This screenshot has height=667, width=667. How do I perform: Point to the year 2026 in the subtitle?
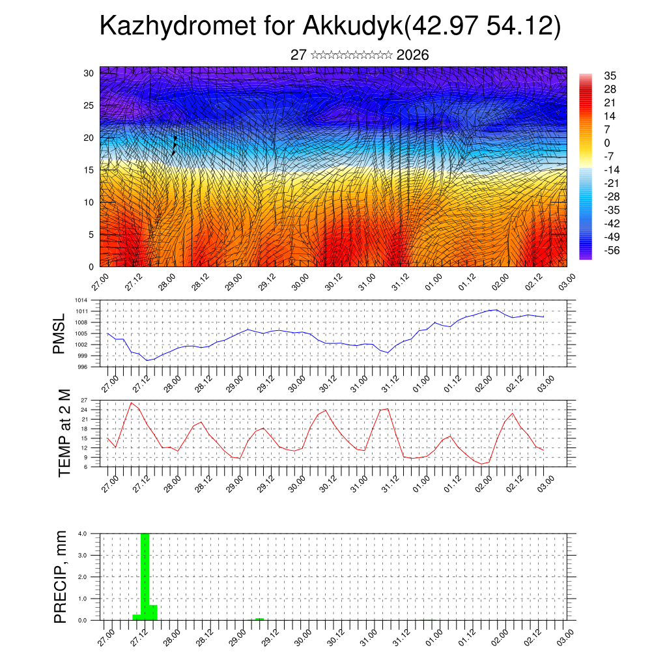pyautogui.click(x=412, y=55)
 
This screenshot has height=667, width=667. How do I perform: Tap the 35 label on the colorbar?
pyautogui.click(x=610, y=76)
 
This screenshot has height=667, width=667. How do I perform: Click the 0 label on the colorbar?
pyautogui.click(x=607, y=143)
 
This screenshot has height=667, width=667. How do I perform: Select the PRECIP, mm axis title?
pyautogui.click(x=61, y=576)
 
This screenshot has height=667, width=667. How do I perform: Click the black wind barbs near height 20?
pyautogui.click(x=174, y=146)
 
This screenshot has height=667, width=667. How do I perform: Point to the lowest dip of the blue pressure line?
pyautogui.click(x=148, y=360)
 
